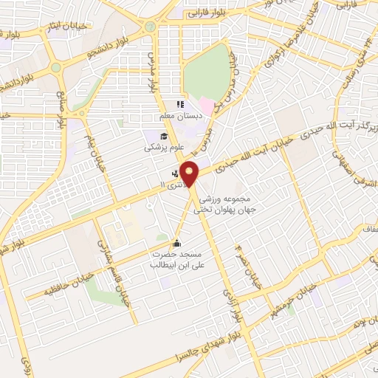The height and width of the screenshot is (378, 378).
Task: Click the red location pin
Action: pos(190,173)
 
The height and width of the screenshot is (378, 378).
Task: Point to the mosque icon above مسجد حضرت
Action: pos(176,243)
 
